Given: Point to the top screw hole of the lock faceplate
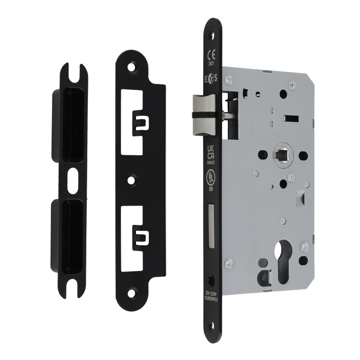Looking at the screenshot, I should coord(211,34).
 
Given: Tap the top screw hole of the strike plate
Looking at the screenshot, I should coord(132,66).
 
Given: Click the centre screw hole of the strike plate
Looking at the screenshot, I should coord(133,181).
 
